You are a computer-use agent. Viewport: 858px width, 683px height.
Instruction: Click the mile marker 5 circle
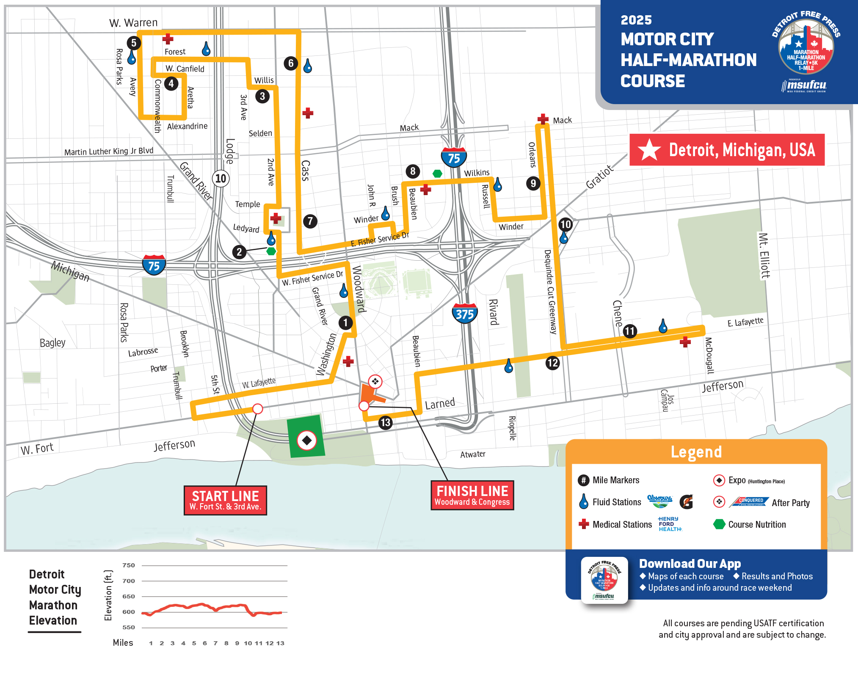coord(134,43)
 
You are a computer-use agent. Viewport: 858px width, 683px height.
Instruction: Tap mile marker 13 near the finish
coord(385,422)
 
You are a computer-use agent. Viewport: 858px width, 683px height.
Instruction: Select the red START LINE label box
coord(225,500)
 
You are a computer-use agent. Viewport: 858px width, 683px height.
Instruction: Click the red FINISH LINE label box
coord(472,495)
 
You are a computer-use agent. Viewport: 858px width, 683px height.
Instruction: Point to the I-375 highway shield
coord(465,314)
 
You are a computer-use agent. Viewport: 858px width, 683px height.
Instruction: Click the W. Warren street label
coord(133,23)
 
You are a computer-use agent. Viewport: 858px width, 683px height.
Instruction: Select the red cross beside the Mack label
coord(543,119)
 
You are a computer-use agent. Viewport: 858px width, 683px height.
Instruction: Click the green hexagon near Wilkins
coord(437,174)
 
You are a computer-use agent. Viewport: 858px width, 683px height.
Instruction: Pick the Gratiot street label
coord(599,177)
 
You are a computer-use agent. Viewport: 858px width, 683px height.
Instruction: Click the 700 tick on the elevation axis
coord(129,581)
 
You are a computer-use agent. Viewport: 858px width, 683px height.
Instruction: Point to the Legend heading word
coord(696,452)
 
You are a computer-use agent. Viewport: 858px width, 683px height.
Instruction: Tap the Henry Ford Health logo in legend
coord(670,524)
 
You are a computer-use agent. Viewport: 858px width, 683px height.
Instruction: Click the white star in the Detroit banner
coord(649,150)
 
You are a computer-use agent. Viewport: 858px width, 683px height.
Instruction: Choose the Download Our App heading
coord(690,564)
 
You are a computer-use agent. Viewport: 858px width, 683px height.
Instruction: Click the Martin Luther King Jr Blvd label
coord(109,151)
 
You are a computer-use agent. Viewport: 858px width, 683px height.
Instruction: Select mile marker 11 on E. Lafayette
coord(630,331)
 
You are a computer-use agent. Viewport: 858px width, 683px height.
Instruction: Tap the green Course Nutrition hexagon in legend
coord(719,524)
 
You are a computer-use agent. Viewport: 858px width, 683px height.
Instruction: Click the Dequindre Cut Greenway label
coord(550,292)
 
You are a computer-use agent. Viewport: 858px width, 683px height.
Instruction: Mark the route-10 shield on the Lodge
coord(221,179)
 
